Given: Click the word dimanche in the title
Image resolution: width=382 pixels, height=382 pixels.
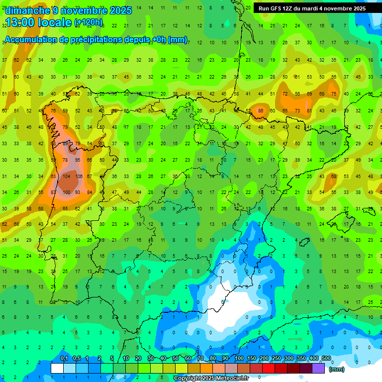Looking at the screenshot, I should (x=27, y=10).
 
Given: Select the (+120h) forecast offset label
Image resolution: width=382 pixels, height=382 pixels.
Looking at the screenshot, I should (x=89, y=22).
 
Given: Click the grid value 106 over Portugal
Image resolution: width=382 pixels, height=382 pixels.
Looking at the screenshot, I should (x=78, y=176).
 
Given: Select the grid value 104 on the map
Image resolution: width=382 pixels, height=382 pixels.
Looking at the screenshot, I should (x=66, y=176).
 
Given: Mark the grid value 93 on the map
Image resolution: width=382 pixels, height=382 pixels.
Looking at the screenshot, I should (x=78, y=192).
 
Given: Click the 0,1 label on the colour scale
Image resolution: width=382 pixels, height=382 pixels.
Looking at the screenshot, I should (x=64, y=359).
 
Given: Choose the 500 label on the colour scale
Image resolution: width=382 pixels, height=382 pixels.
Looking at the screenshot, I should (x=326, y=359).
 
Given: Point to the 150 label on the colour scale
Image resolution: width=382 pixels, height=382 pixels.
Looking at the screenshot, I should (x=252, y=359).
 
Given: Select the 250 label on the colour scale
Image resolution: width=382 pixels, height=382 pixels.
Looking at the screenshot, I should (x=277, y=359).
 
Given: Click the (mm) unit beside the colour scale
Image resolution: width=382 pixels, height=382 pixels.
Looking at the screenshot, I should (x=337, y=369).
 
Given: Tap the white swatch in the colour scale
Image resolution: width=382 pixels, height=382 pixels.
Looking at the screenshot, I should (x=57, y=368).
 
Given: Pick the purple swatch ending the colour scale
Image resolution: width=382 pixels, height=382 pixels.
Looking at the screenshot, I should (x=318, y=368).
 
